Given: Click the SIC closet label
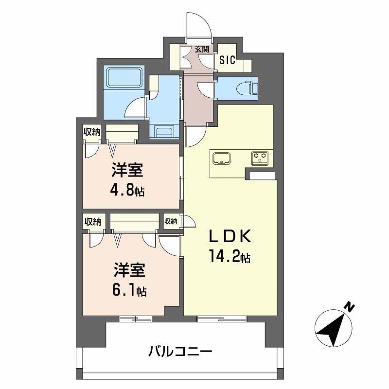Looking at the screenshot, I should pos(227,60).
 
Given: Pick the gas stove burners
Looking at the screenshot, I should pos(260,157).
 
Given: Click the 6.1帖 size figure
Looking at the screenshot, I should pos(129,290).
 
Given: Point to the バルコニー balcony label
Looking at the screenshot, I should pos(180,350).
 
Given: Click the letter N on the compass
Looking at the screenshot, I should pos(349,306).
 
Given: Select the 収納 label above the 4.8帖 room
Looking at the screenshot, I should pos(91,131).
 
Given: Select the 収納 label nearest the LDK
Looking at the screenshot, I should pos(171,222).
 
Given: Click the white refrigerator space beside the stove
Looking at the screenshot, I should pos(262,176).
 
